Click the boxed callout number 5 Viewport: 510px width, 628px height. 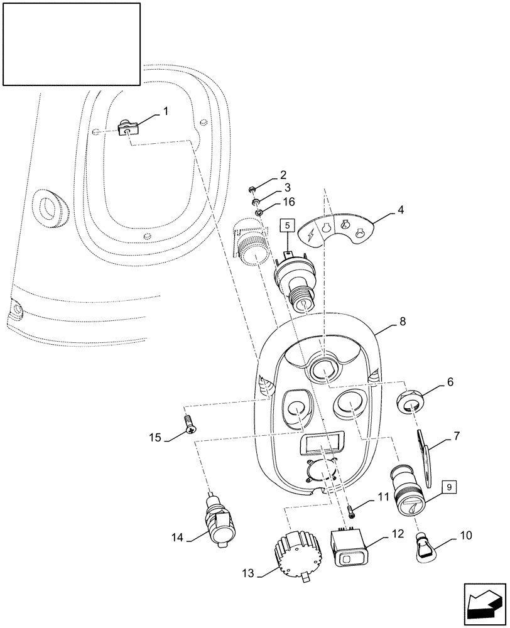pyautogui.click(x=286, y=225)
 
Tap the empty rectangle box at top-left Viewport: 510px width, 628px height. pyautogui.click(x=71, y=43)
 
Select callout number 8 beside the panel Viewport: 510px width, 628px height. pyautogui.click(x=402, y=321)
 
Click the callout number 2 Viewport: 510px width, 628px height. pyautogui.click(x=283, y=175)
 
